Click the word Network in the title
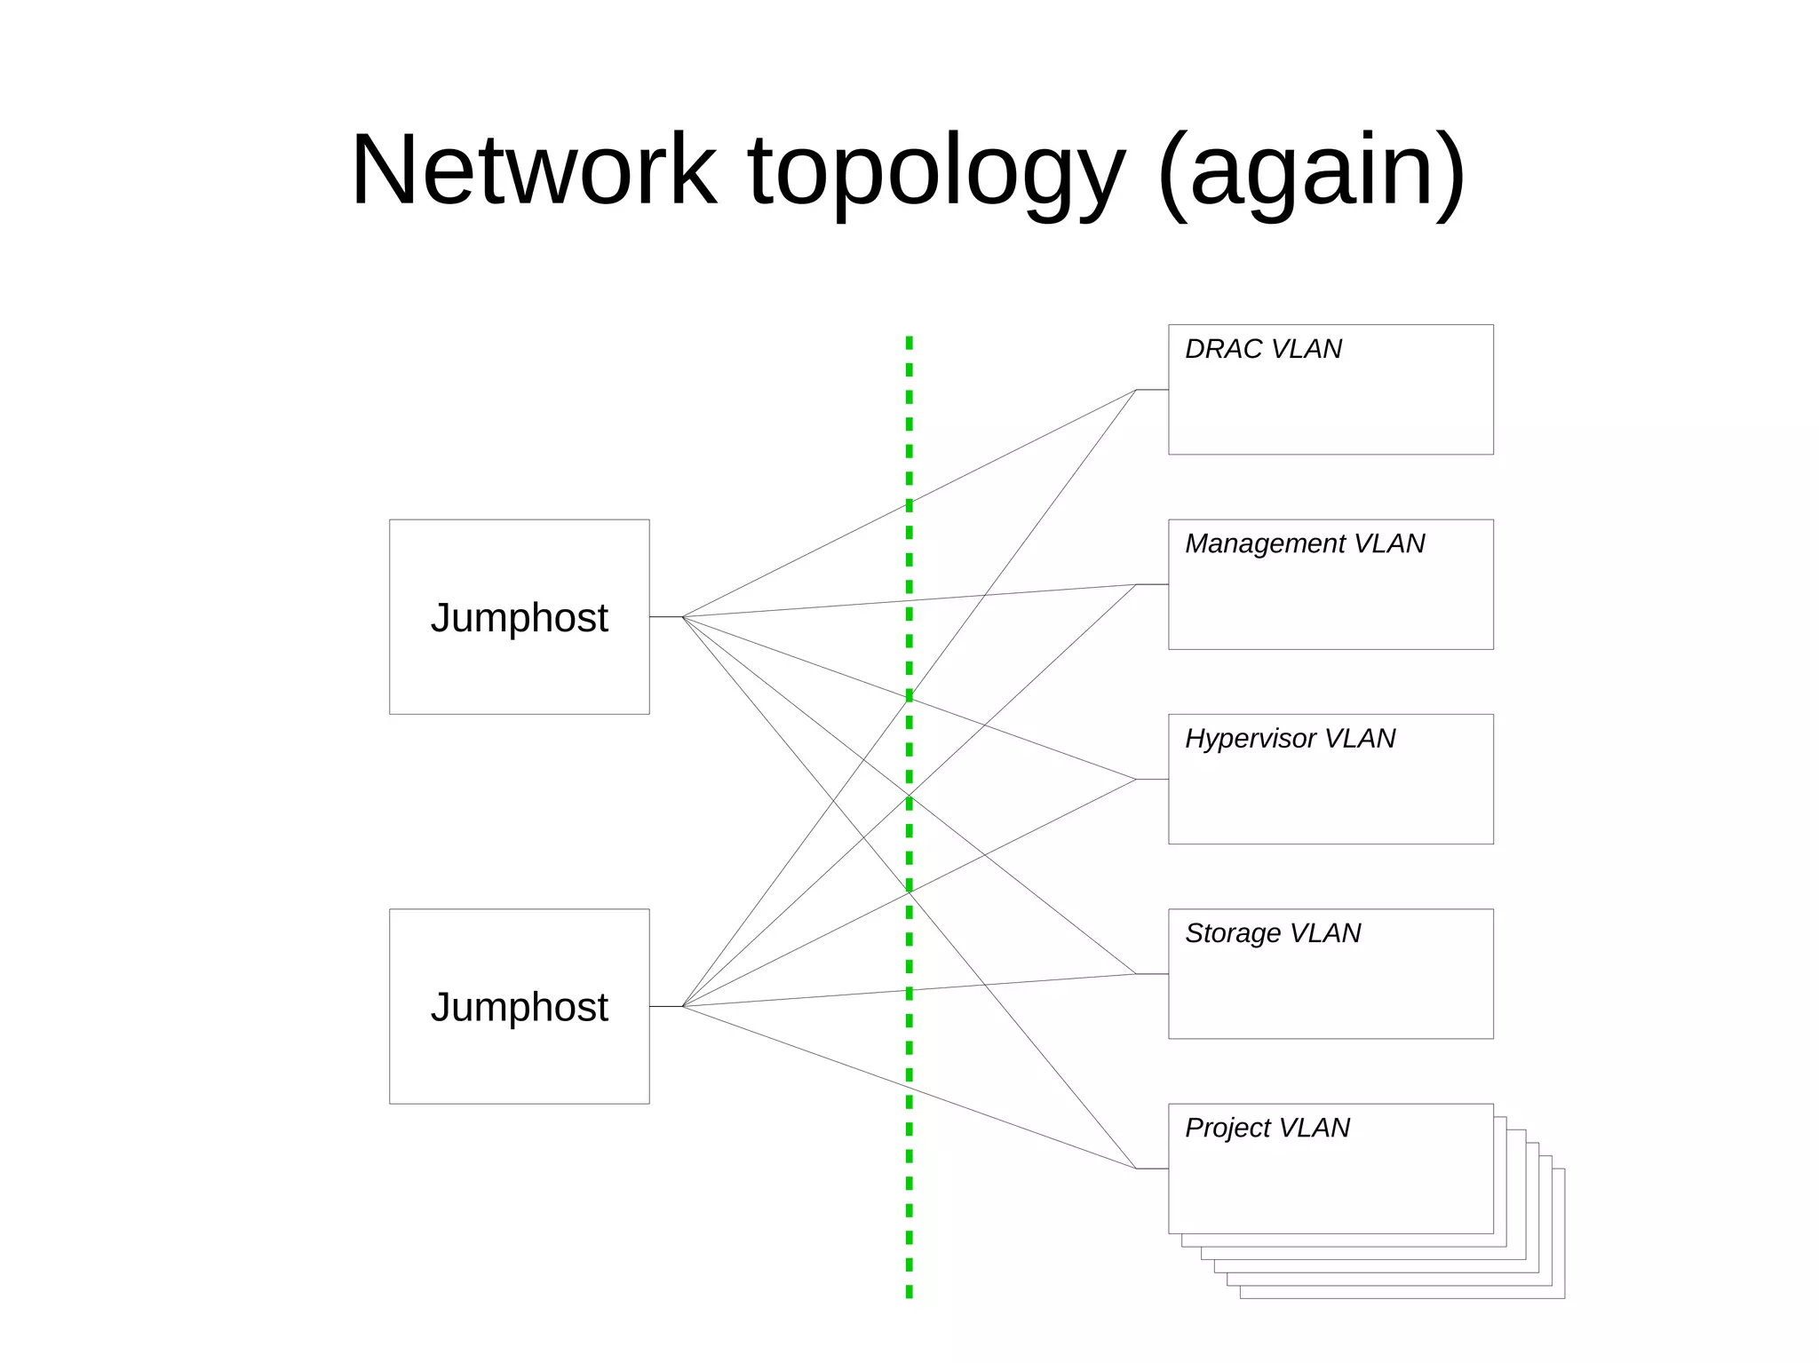(x=533, y=170)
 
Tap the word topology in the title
(x=937, y=170)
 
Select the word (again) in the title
(x=1312, y=170)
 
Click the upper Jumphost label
(x=519, y=617)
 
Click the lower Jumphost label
(x=519, y=1007)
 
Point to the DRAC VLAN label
(x=1262, y=349)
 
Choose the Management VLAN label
(x=1304, y=543)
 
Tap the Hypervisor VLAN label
(x=1289, y=738)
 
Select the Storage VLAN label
(x=1272, y=933)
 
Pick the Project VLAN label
(x=1267, y=1128)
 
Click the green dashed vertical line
(x=909, y=1154)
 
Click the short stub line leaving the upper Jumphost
(x=665, y=617)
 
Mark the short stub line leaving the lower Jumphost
(x=665, y=1007)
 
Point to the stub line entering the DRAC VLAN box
(x=1152, y=390)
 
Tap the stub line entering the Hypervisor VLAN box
(x=1152, y=780)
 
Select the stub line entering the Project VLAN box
(x=1152, y=1169)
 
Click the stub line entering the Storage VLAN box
(x=1152, y=974)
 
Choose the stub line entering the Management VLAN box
(x=1152, y=584)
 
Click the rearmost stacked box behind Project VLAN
(x=1559, y=1243)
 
